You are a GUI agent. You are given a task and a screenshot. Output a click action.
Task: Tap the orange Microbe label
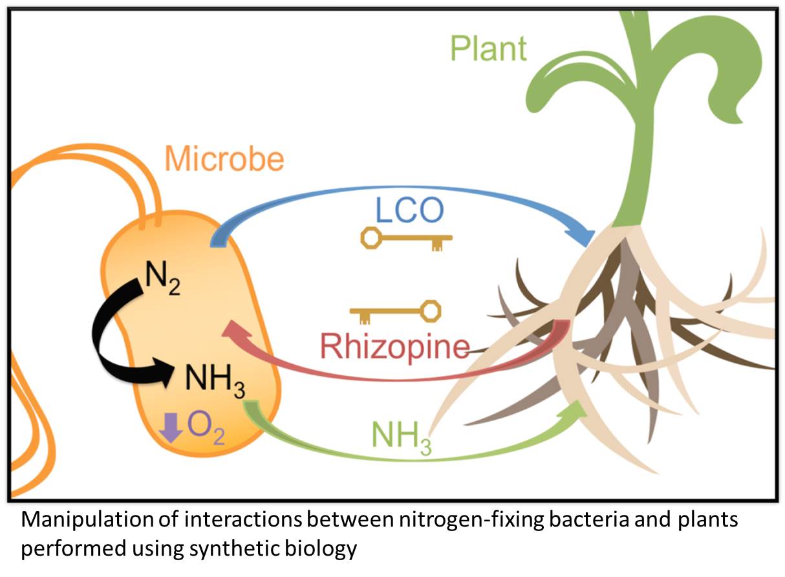tap(224, 158)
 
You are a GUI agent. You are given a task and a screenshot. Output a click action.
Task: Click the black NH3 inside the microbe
tap(214, 378)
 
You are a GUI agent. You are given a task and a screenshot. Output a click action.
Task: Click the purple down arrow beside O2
tap(171, 428)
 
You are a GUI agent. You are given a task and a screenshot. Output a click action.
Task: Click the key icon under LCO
tap(405, 240)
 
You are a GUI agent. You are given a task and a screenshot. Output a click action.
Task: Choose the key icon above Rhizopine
tap(396, 312)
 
